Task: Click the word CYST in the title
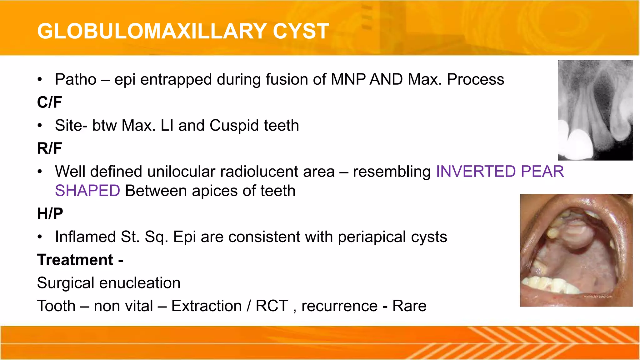301,31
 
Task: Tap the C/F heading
49,102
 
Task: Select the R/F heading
49,148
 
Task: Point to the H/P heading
50,214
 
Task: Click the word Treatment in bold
75,260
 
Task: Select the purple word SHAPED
87,191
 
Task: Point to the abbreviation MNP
348,79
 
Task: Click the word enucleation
140,283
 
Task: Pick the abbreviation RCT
272,306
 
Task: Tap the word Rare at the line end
409,306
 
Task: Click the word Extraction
207,306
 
